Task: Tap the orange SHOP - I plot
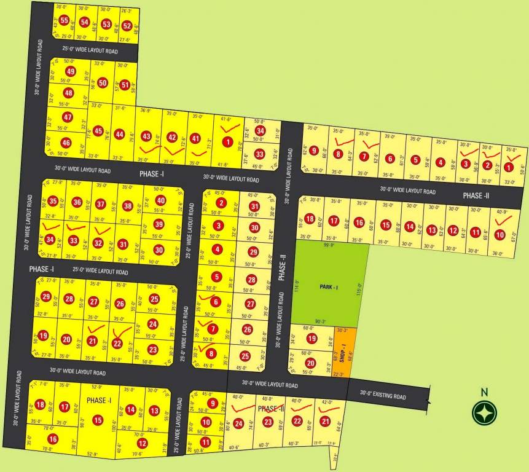pos(342,352)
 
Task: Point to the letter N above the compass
pos(484,392)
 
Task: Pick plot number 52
pos(127,26)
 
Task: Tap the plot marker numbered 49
pos(71,71)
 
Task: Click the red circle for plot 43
pos(146,136)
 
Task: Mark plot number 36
pos(77,202)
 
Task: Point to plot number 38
pos(128,206)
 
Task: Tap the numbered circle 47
pos(68,117)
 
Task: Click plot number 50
pos(103,83)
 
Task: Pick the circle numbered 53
pos(106,25)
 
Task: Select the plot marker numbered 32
pos(98,243)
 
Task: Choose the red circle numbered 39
pos(158,224)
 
